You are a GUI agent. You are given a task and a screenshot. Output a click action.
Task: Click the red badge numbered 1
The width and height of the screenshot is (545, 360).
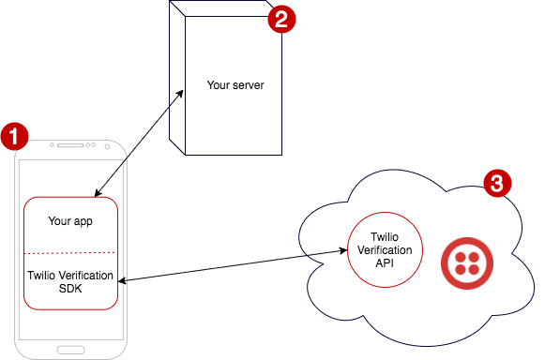(13, 137)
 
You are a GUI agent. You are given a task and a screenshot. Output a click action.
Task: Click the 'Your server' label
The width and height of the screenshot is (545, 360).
(235, 85)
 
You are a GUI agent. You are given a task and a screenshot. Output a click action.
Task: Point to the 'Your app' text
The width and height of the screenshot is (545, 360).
(71, 222)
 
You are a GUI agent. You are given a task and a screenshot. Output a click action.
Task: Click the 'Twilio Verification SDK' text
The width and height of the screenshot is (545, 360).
(71, 282)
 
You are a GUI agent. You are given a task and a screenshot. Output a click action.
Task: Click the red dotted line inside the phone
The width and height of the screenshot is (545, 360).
(71, 253)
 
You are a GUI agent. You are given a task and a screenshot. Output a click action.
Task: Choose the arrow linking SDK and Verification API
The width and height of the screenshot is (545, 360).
(230, 265)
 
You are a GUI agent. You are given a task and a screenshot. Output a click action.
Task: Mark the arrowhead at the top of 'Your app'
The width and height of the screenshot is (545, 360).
(96, 194)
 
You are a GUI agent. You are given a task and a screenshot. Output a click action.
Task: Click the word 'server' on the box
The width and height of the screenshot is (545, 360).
(249, 85)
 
